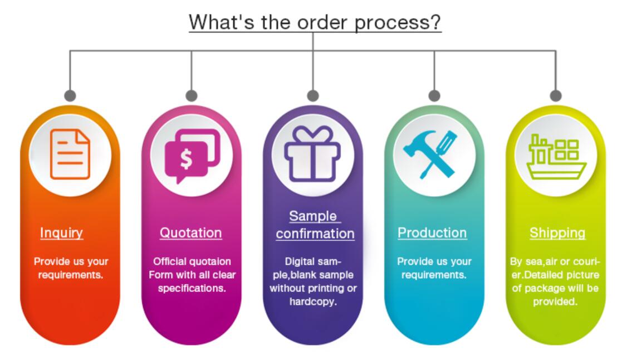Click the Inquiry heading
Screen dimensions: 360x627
click(62, 232)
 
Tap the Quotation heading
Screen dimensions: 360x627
click(191, 232)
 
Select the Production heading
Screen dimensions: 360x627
click(432, 232)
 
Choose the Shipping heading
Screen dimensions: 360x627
click(557, 232)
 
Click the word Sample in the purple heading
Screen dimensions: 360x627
click(313, 216)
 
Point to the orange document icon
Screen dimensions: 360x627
click(70, 154)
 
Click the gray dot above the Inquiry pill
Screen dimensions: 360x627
click(70, 96)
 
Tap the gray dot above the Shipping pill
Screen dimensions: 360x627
click(556, 96)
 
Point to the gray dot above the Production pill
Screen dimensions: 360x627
click(434, 96)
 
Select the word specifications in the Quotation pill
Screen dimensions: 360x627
click(192, 289)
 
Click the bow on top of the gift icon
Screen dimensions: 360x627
click(312, 134)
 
